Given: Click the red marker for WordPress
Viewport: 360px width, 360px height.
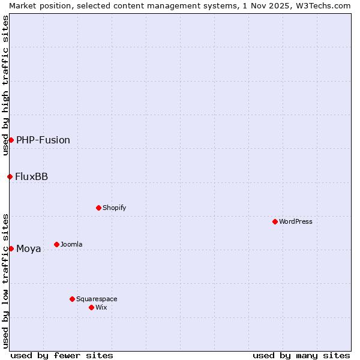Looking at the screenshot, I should [275, 221].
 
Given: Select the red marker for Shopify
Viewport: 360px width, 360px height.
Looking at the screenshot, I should [98, 208].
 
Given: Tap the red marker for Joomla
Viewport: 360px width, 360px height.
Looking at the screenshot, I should [57, 244].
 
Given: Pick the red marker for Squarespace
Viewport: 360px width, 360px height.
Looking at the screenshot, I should [72, 299].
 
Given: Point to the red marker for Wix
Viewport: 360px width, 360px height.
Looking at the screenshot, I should [91, 307].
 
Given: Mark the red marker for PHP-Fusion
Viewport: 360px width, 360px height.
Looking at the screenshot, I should [11, 140].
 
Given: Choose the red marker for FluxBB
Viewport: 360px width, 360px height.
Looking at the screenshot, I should [10, 176].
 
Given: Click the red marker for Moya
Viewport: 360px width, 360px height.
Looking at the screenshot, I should [11, 248].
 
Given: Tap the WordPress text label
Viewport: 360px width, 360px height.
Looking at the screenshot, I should [296, 221].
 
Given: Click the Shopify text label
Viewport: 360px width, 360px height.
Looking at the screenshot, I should [114, 208].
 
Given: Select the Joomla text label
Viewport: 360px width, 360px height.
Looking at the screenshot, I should [71, 244].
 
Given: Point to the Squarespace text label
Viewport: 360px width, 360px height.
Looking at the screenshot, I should [97, 299].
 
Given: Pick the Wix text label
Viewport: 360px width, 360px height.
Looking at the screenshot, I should [101, 307].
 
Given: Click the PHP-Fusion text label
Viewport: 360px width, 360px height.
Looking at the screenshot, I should [43, 140].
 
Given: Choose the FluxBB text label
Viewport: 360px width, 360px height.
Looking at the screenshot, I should [32, 176].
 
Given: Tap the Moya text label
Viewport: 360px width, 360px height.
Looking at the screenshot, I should [29, 248].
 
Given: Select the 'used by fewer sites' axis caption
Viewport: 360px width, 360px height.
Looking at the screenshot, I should [62, 355].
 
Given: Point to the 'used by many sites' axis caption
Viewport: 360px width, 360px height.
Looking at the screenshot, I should [301, 355].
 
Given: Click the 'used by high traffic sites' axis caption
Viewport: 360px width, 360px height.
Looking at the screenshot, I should [5, 85].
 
